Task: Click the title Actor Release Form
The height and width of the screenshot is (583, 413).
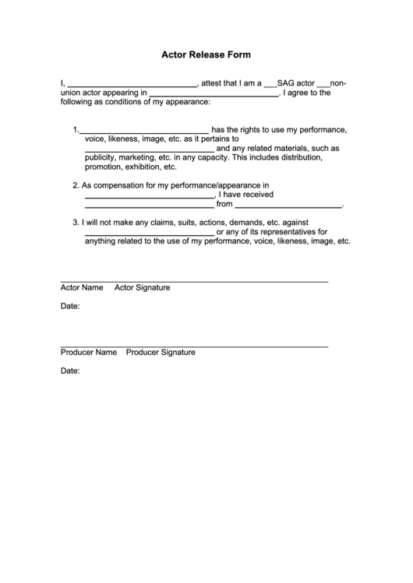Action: [x=206, y=55]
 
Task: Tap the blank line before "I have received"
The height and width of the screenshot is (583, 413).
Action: [x=148, y=197]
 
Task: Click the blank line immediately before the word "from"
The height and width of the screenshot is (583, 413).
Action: [x=148, y=207]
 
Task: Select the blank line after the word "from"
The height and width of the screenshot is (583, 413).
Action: [x=288, y=207]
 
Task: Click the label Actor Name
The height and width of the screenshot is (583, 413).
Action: [x=82, y=287]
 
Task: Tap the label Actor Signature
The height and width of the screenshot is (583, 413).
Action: [x=143, y=287]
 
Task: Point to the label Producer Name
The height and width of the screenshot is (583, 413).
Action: [x=89, y=352]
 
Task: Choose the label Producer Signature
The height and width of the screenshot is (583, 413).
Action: [x=161, y=352]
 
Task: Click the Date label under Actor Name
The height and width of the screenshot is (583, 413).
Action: [x=70, y=307]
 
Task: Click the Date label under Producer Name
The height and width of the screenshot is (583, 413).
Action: [x=70, y=371]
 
